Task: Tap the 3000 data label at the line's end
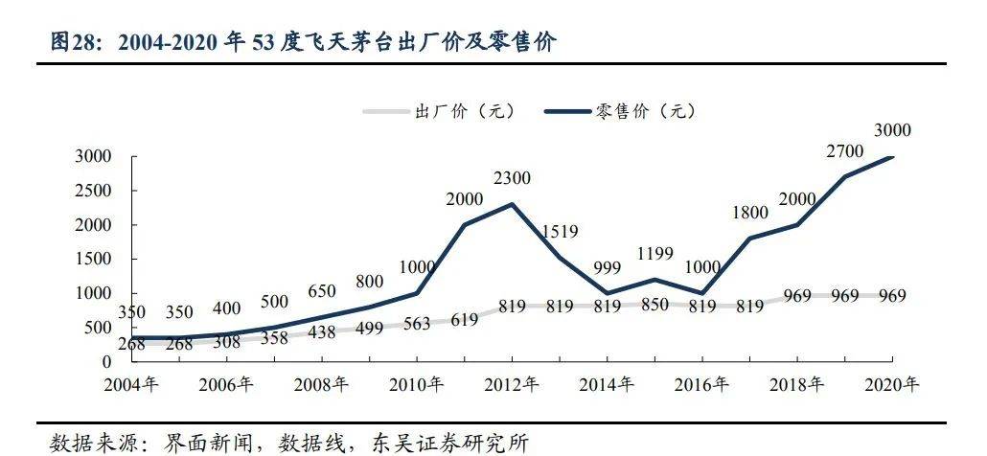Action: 892,130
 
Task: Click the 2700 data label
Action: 845,150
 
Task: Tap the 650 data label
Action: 322,291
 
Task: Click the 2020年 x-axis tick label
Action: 892,384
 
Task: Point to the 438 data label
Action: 321,331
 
